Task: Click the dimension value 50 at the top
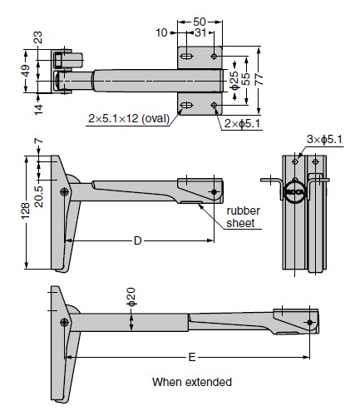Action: pos(200,22)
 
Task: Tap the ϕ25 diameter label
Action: pos(234,81)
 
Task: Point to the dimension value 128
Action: pos(26,211)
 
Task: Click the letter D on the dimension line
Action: pos(138,240)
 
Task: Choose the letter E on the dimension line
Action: pos(192,357)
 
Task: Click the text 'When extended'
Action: pos(192,382)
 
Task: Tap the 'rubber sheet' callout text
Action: pos(243,217)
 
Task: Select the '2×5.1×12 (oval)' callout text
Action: pos(129,118)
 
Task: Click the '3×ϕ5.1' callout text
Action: pos(324,139)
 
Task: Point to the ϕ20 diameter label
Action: pos(131,297)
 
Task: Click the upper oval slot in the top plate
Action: pos(186,57)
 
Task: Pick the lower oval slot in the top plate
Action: pos(186,106)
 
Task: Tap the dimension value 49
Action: pos(26,71)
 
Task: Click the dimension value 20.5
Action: pos(39,196)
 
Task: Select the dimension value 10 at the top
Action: pos(161,32)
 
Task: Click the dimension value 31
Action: pos(200,32)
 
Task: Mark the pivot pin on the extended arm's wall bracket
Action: pos(64,322)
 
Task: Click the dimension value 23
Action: pos(38,37)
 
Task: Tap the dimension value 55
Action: pos(245,79)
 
